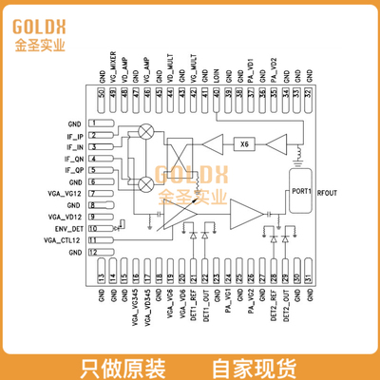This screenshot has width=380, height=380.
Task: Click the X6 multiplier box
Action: [x=244, y=144]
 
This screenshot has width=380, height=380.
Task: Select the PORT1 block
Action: [x=303, y=190]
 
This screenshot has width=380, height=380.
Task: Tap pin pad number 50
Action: [x=102, y=91]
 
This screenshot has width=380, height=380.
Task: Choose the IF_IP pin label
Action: [x=75, y=136]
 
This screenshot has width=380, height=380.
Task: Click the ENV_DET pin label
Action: [x=69, y=229]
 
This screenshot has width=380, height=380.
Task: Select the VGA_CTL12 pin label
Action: [x=64, y=241]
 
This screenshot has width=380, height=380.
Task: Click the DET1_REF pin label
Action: [x=194, y=301]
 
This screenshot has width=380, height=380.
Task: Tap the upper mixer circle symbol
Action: [x=146, y=132]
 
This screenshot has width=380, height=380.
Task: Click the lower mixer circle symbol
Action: [x=146, y=183]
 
